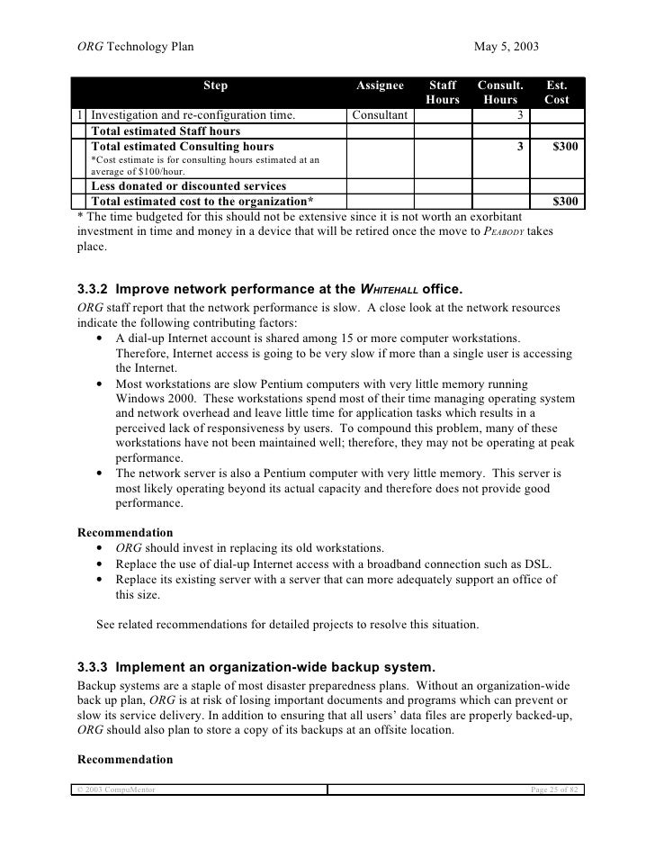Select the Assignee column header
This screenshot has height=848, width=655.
coord(380,86)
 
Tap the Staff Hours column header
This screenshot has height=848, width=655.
coord(442,93)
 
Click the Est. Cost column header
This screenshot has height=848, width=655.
coord(557,93)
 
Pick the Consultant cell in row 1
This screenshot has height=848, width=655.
coord(380,115)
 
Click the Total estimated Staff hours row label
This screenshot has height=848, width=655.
coord(166,131)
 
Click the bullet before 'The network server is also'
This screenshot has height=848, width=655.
coord(97,473)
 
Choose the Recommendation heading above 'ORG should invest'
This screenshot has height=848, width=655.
coord(125,532)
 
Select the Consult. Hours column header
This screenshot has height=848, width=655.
coord(500,93)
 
